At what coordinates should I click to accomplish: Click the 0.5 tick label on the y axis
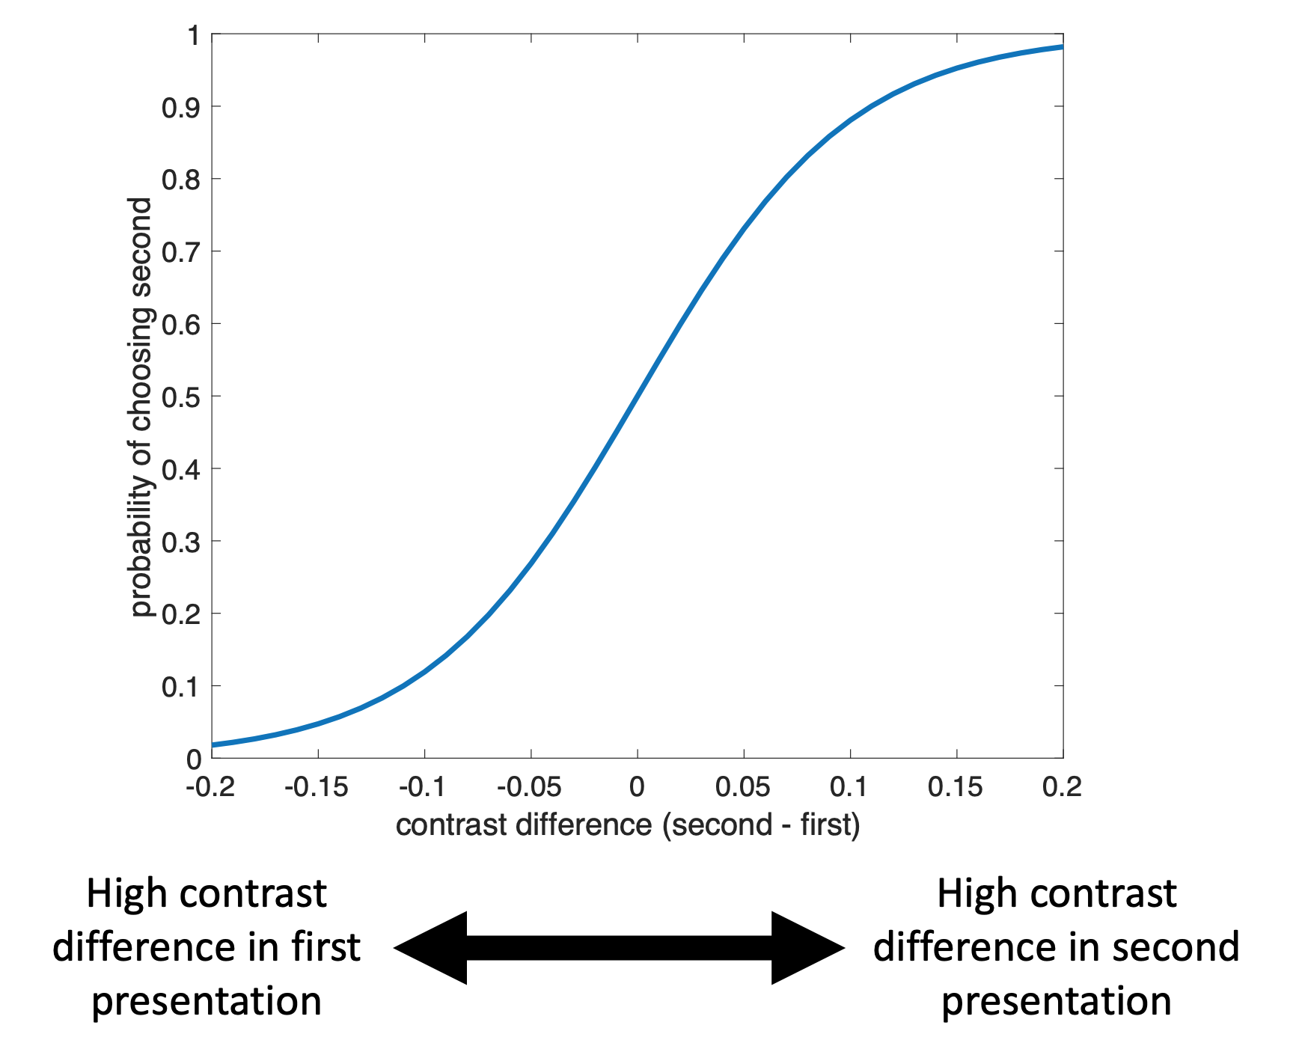click(x=181, y=397)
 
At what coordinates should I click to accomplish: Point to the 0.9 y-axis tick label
click(x=181, y=108)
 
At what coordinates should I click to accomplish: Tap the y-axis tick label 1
click(x=195, y=36)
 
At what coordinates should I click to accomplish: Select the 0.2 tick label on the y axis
click(x=181, y=614)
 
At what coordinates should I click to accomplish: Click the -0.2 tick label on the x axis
click(x=210, y=787)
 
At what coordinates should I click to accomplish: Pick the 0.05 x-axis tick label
click(x=742, y=787)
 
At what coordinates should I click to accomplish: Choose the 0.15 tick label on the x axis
click(x=955, y=787)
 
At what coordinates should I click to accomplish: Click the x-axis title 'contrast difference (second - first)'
click(x=628, y=825)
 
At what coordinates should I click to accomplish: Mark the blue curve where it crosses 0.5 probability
click(x=638, y=396)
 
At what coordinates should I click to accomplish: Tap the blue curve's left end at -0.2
click(x=214, y=744)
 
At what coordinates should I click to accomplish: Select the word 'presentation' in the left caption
click(x=207, y=1001)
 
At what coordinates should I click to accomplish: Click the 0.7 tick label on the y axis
click(x=181, y=253)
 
